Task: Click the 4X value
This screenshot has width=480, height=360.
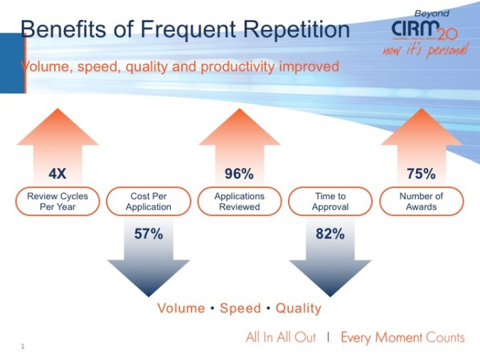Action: point(58,174)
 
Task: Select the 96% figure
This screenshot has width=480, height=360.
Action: point(239,174)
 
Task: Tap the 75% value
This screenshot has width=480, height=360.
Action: point(421,174)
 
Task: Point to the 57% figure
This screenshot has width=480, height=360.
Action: point(149,233)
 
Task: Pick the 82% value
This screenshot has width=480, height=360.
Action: point(330,233)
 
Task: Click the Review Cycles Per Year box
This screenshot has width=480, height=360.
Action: point(58,201)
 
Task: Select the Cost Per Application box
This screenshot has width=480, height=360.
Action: point(149,201)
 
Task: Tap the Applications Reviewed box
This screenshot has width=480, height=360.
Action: point(239,201)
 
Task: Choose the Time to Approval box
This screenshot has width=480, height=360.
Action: point(330,201)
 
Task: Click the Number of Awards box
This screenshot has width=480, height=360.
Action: point(421,201)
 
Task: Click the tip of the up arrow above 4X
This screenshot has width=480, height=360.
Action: point(58,108)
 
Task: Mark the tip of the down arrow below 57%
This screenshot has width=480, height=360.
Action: point(149,295)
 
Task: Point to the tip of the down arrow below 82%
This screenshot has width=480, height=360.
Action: point(330,295)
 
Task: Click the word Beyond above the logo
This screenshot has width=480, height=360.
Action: point(431,13)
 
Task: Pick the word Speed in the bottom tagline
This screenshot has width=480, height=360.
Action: point(240,309)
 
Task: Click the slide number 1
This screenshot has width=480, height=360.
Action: point(23,346)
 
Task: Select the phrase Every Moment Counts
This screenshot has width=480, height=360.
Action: point(402,337)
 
